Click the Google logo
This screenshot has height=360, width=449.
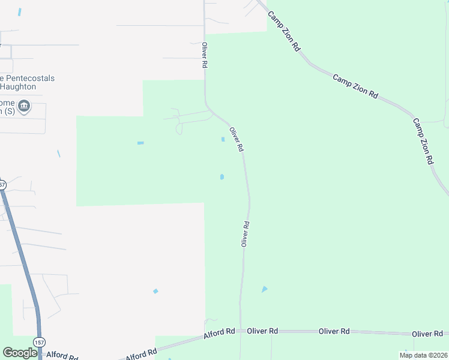pos(20,353)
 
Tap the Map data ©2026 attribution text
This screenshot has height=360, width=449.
pos(423,355)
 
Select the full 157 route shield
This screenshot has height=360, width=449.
pos(39,342)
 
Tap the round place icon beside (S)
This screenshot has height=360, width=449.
pos(25,107)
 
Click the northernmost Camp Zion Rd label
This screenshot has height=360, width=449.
pos(283,31)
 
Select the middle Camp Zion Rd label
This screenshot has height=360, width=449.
pos(356,86)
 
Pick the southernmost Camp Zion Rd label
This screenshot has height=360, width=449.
pos(423,142)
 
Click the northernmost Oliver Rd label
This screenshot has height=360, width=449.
pos(205,55)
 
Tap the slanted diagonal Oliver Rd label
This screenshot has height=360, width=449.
pos(237,139)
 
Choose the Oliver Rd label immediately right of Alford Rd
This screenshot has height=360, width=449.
pos(262,331)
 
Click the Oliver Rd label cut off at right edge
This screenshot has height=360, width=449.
pos(428,334)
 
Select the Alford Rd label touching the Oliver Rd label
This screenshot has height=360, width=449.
pos(220,332)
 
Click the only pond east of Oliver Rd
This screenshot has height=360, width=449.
pos(264,289)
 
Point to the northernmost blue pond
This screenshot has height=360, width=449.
pos(20,12)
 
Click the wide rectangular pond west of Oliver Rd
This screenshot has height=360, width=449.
pos(140,143)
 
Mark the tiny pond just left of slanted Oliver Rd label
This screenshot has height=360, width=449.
pos(223,139)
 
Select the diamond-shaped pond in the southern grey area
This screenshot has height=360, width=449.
pos(155,291)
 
